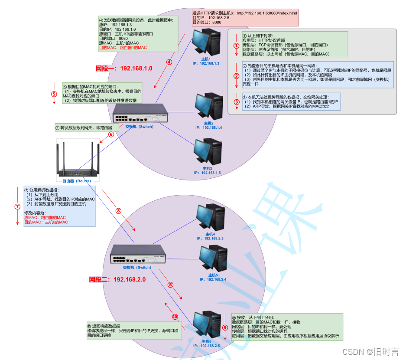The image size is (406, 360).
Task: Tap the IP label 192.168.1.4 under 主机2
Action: tap(208, 128)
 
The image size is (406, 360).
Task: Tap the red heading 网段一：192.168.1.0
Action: tap(124, 69)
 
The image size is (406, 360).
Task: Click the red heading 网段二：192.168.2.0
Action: tap(117, 279)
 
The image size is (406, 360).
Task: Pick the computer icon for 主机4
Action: tap(210, 218)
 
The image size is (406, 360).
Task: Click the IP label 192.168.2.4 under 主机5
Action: tap(213, 279)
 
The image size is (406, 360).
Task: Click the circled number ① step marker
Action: tap(236, 45)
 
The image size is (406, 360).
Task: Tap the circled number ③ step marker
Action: tap(236, 102)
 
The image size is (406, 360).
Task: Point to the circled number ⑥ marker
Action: tap(111, 134)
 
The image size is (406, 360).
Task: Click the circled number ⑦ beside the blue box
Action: tap(17, 206)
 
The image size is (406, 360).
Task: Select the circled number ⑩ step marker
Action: tap(175, 317)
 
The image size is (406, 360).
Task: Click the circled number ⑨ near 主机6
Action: tap(225, 327)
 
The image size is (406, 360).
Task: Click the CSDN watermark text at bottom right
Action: tap(370, 351)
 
